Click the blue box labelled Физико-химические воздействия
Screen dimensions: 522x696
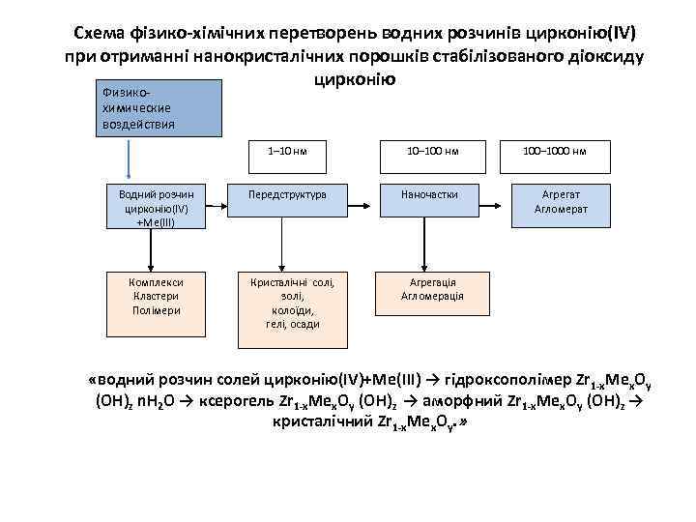pos(157,108)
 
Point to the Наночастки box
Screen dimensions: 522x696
pos(432,194)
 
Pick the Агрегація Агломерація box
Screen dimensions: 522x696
pos(432,289)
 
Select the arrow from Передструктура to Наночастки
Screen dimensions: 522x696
pos(358,194)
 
